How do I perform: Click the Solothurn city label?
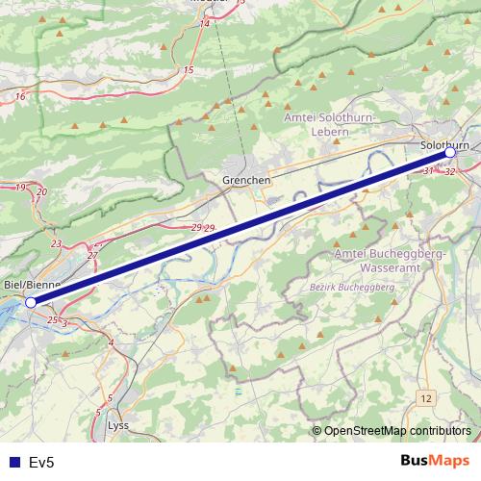[x=445, y=144]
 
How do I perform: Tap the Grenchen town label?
[x=246, y=180]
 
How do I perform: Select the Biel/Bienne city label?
[x=33, y=285]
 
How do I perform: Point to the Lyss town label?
[x=118, y=424]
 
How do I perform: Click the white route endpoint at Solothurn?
[x=450, y=153]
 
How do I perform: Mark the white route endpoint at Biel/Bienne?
[x=31, y=302]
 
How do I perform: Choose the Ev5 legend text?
[x=41, y=463]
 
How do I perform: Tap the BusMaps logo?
[x=436, y=461]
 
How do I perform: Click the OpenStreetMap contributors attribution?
[x=396, y=431]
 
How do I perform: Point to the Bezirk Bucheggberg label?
[x=353, y=288]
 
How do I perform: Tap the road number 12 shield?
[x=426, y=396]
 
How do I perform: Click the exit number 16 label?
[x=20, y=97]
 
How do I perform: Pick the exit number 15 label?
[x=189, y=70]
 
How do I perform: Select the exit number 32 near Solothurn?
[x=450, y=171]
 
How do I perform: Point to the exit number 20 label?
[x=40, y=192]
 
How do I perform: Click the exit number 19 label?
[x=20, y=187]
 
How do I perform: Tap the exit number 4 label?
[x=111, y=342]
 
